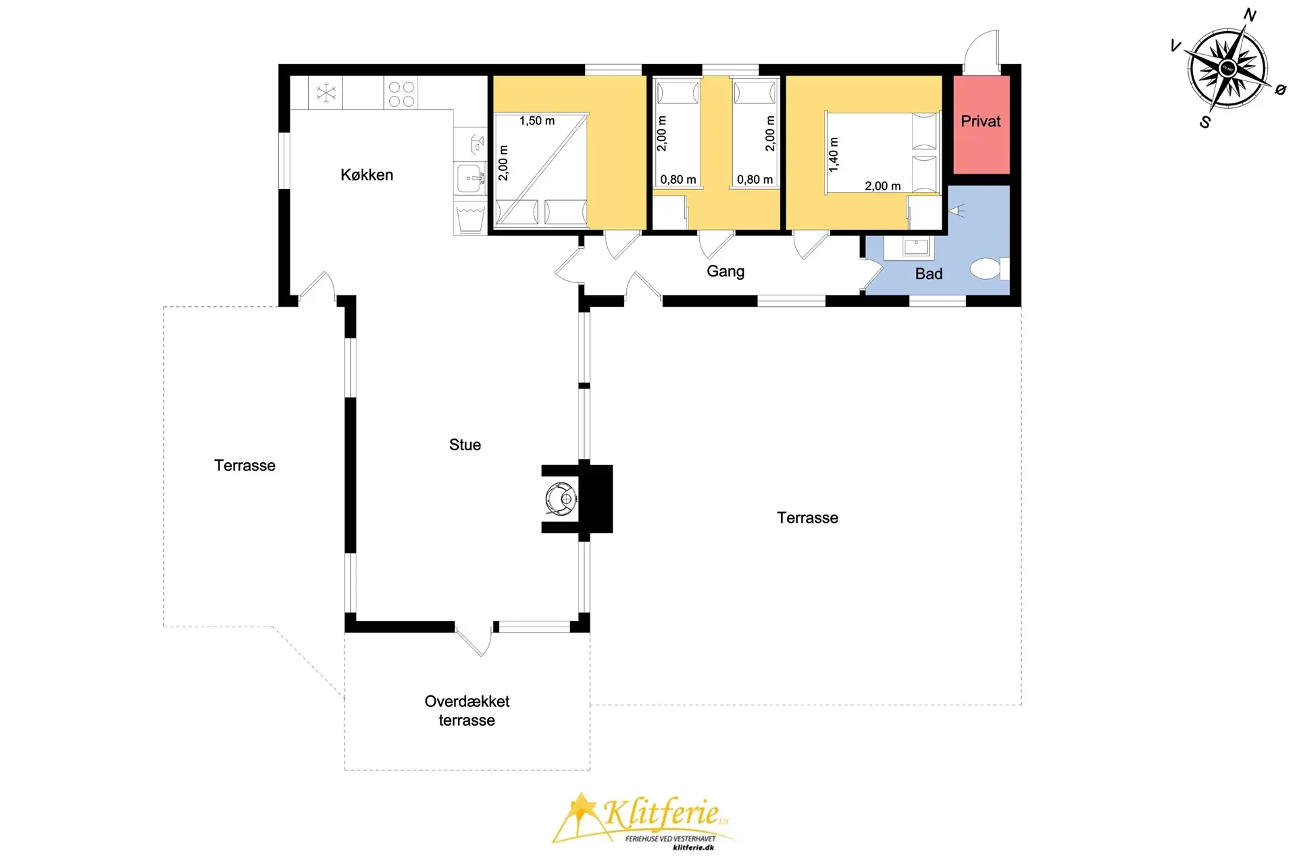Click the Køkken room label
[x=367, y=175]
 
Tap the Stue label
[x=465, y=445]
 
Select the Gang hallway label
[x=726, y=272]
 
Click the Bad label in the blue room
[x=928, y=274]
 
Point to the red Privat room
[x=982, y=124]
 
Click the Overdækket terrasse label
[x=467, y=711]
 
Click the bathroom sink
[x=916, y=247]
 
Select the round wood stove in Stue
[x=561, y=499]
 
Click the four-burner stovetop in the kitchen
[x=401, y=94]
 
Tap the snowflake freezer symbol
[x=326, y=93]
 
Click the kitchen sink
[x=470, y=179]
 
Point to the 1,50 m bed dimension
[x=537, y=121]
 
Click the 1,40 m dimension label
[x=834, y=155]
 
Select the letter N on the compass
[x=1250, y=15]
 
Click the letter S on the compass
[x=1205, y=122]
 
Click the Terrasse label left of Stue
[x=245, y=466]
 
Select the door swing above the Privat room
[x=982, y=51]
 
